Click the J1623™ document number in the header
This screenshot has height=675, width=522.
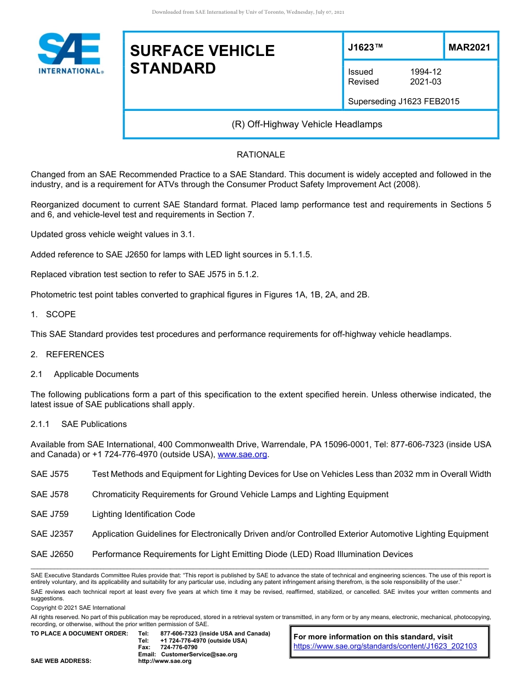(x=365, y=47)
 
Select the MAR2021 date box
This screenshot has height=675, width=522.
(x=469, y=47)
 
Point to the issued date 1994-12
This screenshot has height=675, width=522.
(x=425, y=72)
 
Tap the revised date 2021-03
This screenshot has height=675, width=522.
(x=425, y=82)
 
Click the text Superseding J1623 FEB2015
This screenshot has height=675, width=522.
(x=403, y=101)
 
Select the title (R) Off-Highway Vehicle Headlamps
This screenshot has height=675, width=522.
(x=307, y=124)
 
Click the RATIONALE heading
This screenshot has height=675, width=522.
(x=260, y=155)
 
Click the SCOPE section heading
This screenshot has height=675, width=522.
(x=60, y=314)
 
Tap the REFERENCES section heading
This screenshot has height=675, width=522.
(x=75, y=355)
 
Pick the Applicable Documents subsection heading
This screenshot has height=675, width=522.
(x=96, y=374)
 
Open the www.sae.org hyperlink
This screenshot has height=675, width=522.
(x=242, y=454)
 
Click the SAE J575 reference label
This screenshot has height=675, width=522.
(x=49, y=474)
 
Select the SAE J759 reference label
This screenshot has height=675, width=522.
(x=49, y=514)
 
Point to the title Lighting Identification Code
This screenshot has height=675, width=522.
(x=143, y=514)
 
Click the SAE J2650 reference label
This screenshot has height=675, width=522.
(x=52, y=554)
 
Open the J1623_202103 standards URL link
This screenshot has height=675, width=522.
(x=385, y=646)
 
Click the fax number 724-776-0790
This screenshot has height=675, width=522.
(x=179, y=648)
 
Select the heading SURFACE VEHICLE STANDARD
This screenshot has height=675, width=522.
(x=202, y=59)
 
